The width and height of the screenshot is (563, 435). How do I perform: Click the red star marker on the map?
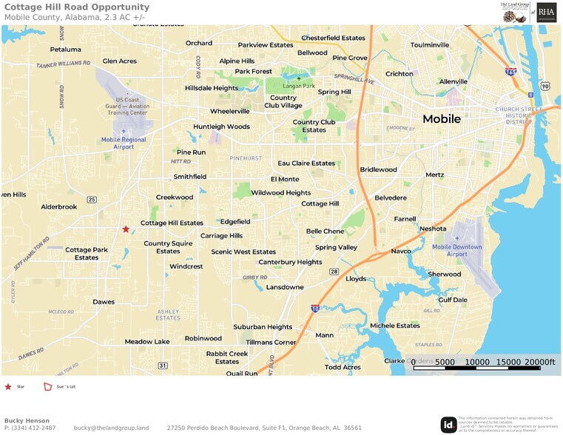(x=126, y=229)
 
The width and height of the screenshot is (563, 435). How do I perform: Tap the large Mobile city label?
(x=442, y=119)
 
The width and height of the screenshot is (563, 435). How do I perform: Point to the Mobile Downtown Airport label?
(x=456, y=250)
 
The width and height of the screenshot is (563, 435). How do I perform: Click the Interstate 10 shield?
(x=315, y=308)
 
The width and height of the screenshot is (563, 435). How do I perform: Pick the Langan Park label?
(x=299, y=87)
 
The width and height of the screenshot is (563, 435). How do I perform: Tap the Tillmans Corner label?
(x=271, y=343)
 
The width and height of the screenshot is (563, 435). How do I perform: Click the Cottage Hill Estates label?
(x=172, y=223)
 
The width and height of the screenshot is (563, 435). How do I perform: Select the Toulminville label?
(x=430, y=45)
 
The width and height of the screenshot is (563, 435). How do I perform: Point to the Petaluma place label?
(x=66, y=50)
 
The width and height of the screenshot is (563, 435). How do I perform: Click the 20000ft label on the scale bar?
(x=537, y=362)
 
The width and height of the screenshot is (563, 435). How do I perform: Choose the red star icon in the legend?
(x=8, y=386)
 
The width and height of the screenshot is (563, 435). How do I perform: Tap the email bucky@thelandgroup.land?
(x=111, y=428)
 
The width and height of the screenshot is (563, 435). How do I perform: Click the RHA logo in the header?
(x=547, y=12)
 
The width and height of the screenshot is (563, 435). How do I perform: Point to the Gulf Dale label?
(x=453, y=300)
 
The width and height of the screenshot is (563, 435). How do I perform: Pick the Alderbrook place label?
(x=59, y=207)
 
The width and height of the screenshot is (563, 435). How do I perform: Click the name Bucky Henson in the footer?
(x=27, y=420)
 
